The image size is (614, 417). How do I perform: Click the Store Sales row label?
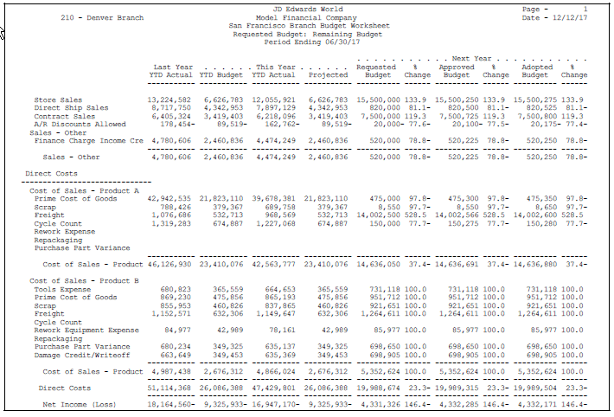pos(58,100)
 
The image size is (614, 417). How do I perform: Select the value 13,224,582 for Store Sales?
pos(170,100)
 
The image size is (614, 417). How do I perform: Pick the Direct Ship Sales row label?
pos(71,108)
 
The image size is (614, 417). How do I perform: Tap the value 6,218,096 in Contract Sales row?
pos(274,116)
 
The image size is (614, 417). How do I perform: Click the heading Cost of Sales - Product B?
pos(84,281)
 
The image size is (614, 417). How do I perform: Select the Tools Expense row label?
pos(63,289)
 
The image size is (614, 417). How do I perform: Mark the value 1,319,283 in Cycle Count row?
pos(172,222)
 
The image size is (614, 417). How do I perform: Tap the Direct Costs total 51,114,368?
pos(170,388)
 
